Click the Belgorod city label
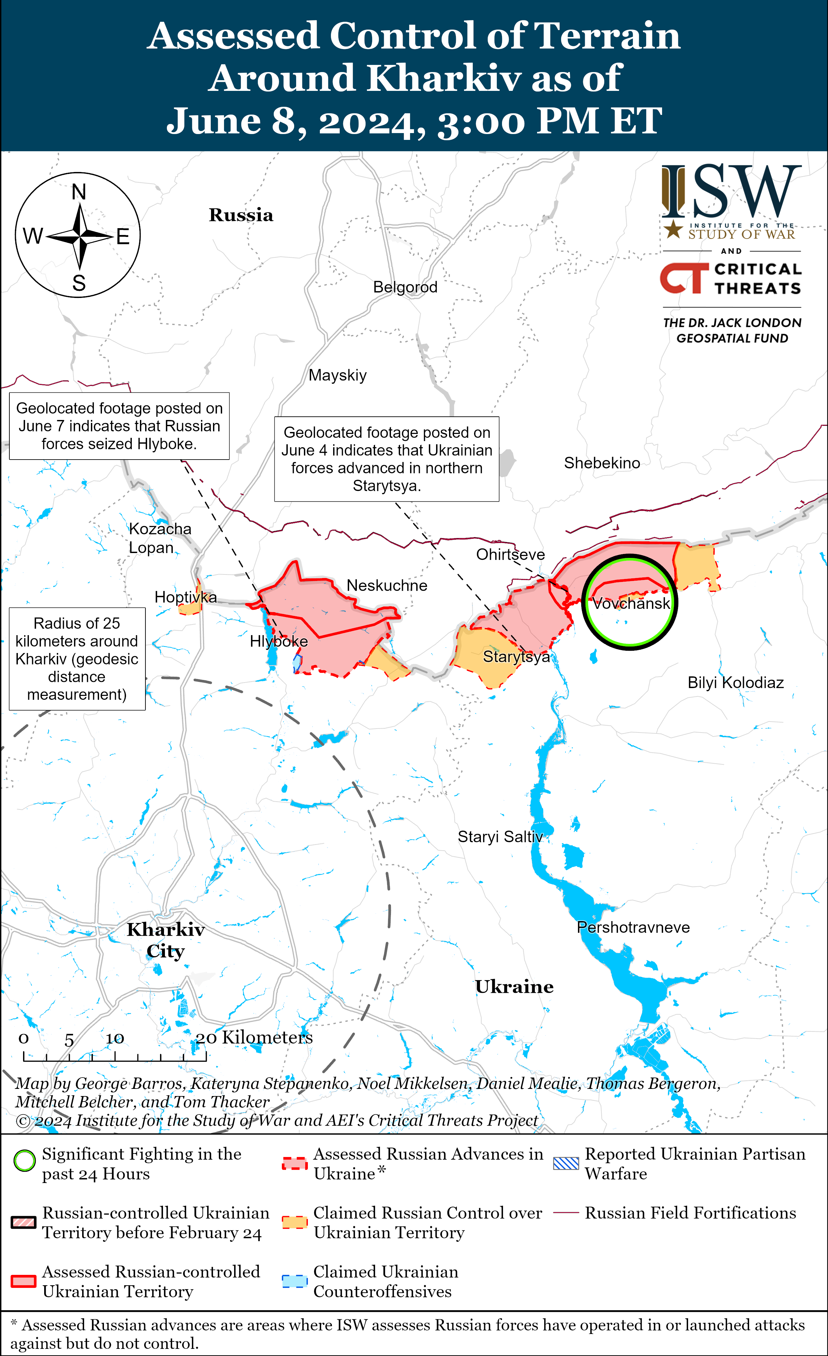click(x=405, y=287)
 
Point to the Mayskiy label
click(x=337, y=375)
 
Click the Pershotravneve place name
click(x=633, y=927)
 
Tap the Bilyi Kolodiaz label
click(x=735, y=683)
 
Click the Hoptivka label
click(x=185, y=597)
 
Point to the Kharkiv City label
click(x=165, y=940)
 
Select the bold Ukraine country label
click(x=514, y=987)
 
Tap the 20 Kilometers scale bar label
click(x=254, y=1037)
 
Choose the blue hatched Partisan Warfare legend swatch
click(x=566, y=1163)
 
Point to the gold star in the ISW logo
click(x=673, y=229)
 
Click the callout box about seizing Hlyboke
click(x=119, y=426)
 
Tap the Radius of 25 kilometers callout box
click(x=77, y=659)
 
